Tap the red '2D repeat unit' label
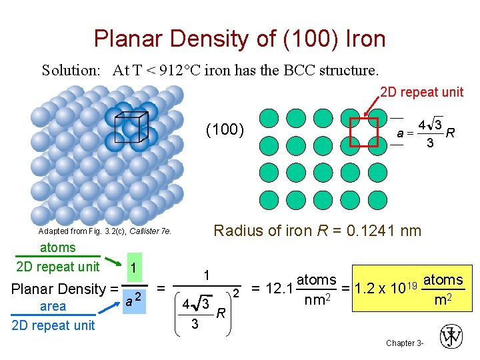point(421,92)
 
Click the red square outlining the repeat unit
point(364,130)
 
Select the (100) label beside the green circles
point(225,129)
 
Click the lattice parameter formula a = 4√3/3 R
point(425,133)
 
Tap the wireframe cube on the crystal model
point(131,127)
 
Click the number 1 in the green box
point(133,267)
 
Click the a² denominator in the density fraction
point(133,300)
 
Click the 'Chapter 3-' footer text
point(403,343)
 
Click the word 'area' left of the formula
point(53,307)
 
